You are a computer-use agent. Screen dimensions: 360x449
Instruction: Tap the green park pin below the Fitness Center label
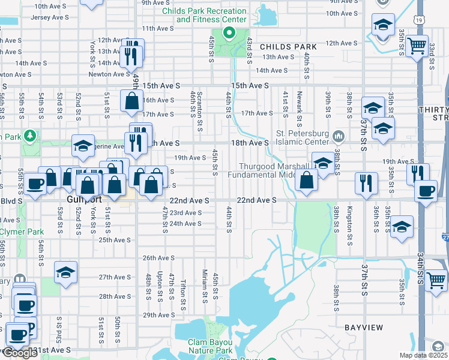coord(228,33)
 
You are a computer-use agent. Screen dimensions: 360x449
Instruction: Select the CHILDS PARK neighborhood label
coord(288,46)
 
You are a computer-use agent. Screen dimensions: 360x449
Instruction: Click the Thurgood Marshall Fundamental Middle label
coord(274,170)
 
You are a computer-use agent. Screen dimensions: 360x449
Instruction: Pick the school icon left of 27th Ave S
coord(65,272)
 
